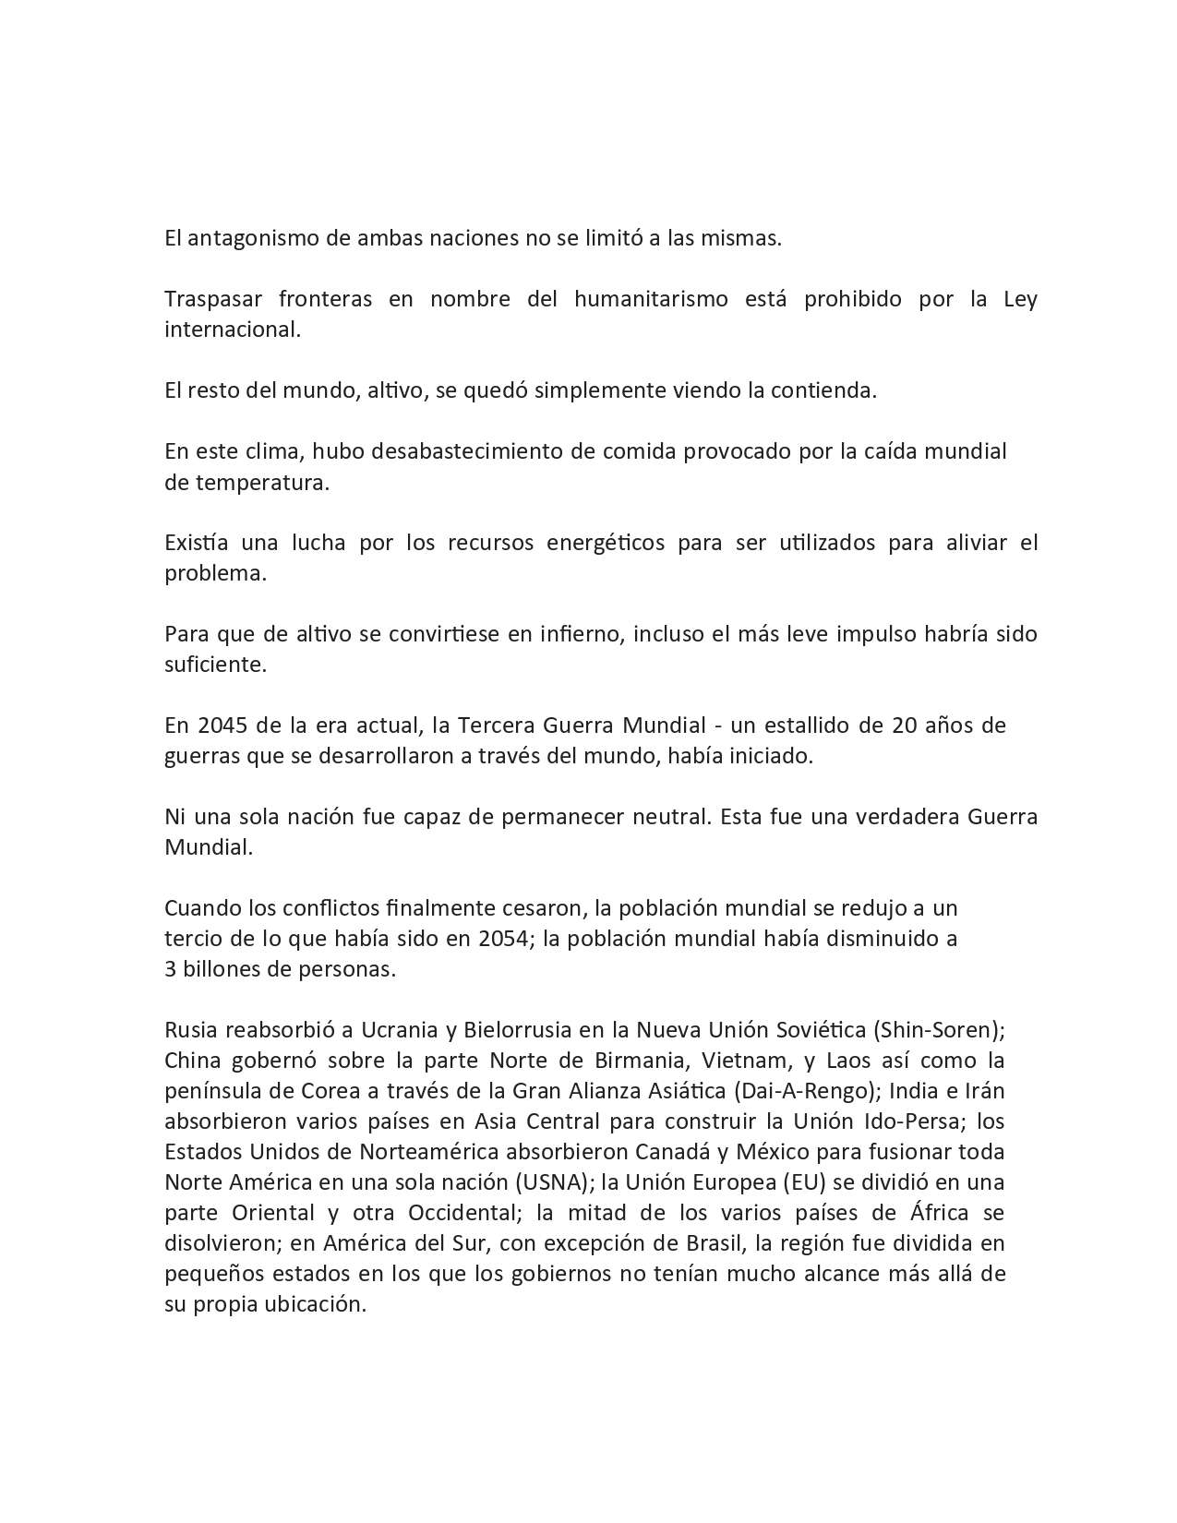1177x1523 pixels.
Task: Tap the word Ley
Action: (1020, 299)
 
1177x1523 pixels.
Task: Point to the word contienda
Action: (828, 390)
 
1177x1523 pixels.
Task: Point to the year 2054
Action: (503, 939)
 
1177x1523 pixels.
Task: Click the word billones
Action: (222, 969)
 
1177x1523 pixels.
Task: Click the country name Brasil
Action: (713, 1243)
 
